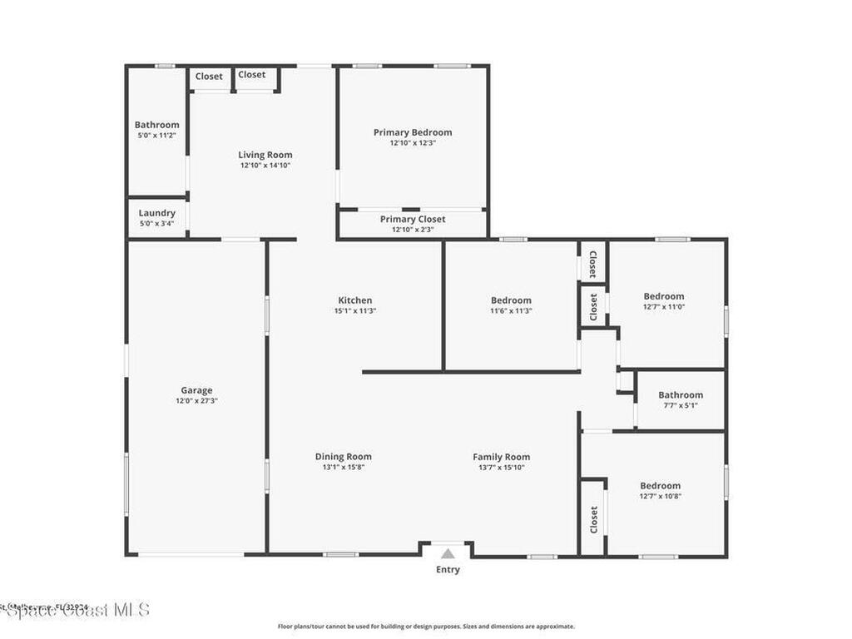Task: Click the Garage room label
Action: pyautogui.click(x=196, y=390)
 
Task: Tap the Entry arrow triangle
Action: pyautogui.click(x=448, y=553)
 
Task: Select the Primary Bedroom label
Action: pyautogui.click(x=413, y=132)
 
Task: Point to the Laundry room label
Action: pyautogui.click(x=156, y=213)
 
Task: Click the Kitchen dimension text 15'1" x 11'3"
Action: pyautogui.click(x=354, y=311)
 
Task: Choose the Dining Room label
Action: pyautogui.click(x=343, y=457)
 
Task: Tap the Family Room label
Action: pyautogui.click(x=501, y=457)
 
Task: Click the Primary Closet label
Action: pyautogui.click(x=413, y=220)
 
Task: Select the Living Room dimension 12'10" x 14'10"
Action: pyautogui.click(x=265, y=166)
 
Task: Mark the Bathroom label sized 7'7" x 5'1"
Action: pyautogui.click(x=680, y=395)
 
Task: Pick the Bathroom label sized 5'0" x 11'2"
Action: pyautogui.click(x=156, y=125)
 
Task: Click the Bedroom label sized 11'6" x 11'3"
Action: pyautogui.click(x=511, y=300)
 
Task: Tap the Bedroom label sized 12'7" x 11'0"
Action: pyautogui.click(x=663, y=296)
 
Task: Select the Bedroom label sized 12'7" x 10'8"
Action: pyautogui.click(x=660, y=486)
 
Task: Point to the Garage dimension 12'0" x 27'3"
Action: pyautogui.click(x=196, y=401)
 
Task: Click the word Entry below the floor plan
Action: pyautogui.click(x=448, y=570)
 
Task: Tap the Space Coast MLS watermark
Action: pyautogui.click(x=75, y=610)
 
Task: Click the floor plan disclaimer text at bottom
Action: pyautogui.click(x=425, y=627)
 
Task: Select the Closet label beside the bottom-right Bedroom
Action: pyautogui.click(x=593, y=520)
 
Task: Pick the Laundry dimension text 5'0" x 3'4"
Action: pyautogui.click(x=156, y=224)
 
